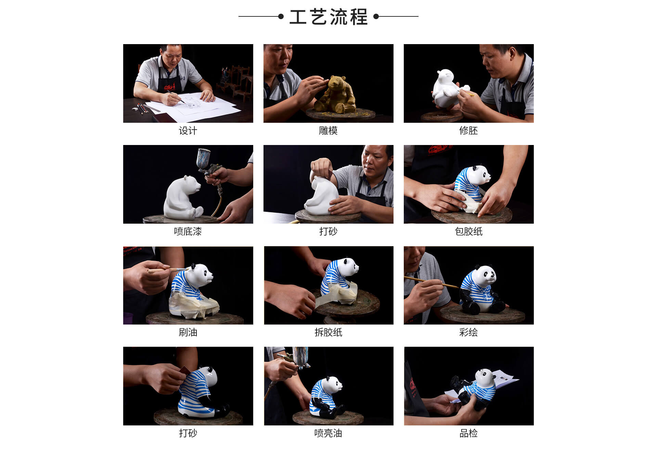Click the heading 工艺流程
pyautogui.click(x=328, y=17)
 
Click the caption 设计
pyautogui.click(x=188, y=131)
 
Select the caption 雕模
pyautogui.click(x=328, y=131)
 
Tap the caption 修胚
pyautogui.click(x=468, y=131)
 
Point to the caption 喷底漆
pyautogui.click(x=188, y=232)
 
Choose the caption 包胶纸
pyautogui.click(x=468, y=232)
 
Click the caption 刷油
pyautogui.click(x=188, y=332)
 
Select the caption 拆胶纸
pyautogui.click(x=328, y=332)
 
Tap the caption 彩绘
pyautogui.click(x=468, y=332)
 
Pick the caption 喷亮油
pyautogui.click(x=328, y=433)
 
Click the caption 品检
pyautogui.click(x=468, y=433)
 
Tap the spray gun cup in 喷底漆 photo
pyautogui.click(x=205, y=158)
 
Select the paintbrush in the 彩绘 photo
pyautogui.click(x=431, y=282)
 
